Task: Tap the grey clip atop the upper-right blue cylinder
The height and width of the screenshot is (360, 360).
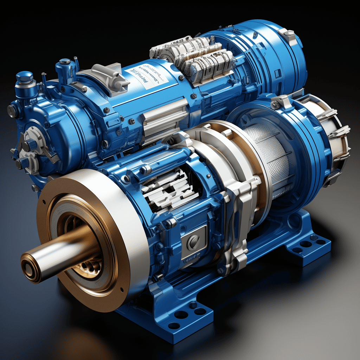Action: point(288,35)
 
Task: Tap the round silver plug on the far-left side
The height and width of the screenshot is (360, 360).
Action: point(11,111)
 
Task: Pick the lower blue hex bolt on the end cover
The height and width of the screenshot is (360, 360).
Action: point(22,162)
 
